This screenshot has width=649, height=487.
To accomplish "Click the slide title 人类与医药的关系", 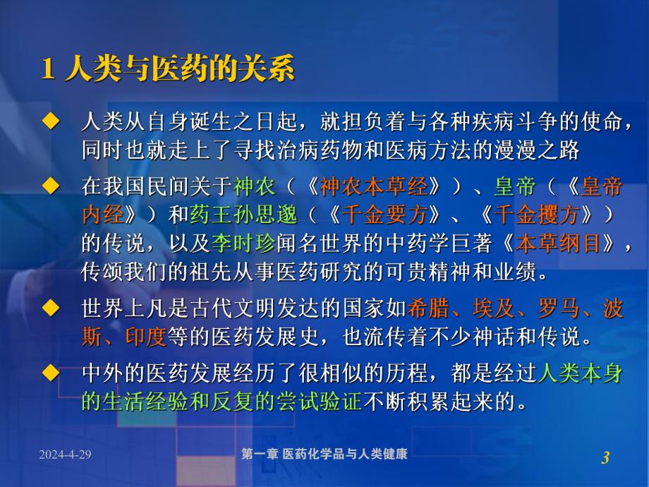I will pos(178,71).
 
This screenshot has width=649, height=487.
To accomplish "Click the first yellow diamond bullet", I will pos(49,122).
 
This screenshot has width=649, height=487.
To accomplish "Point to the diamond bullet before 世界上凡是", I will pos(49,308).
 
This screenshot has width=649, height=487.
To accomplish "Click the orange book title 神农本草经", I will pos(374,187).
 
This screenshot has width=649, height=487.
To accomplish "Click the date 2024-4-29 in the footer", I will pos(66,455).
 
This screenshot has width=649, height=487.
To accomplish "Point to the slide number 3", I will pos(605,458).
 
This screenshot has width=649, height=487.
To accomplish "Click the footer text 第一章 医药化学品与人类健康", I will pos(324,455).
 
